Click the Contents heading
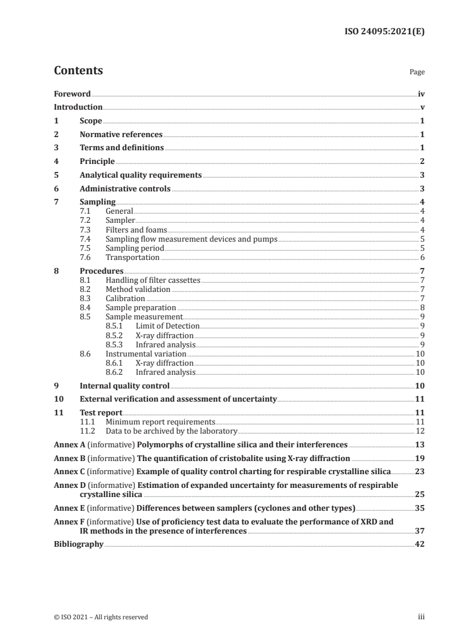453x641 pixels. click(x=78, y=71)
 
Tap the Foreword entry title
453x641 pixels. click(x=72, y=94)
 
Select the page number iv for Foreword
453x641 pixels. click(x=421, y=94)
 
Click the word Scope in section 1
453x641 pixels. click(x=91, y=121)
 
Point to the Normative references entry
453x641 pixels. click(x=121, y=135)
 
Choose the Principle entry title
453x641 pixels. click(x=97, y=162)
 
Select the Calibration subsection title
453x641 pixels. click(x=125, y=298)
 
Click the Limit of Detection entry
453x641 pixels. click(x=167, y=326)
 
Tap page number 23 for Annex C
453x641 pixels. click(x=420, y=472)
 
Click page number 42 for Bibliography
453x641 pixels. click(x=420, y=544)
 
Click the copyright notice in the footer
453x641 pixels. click(x=101, y=617)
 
